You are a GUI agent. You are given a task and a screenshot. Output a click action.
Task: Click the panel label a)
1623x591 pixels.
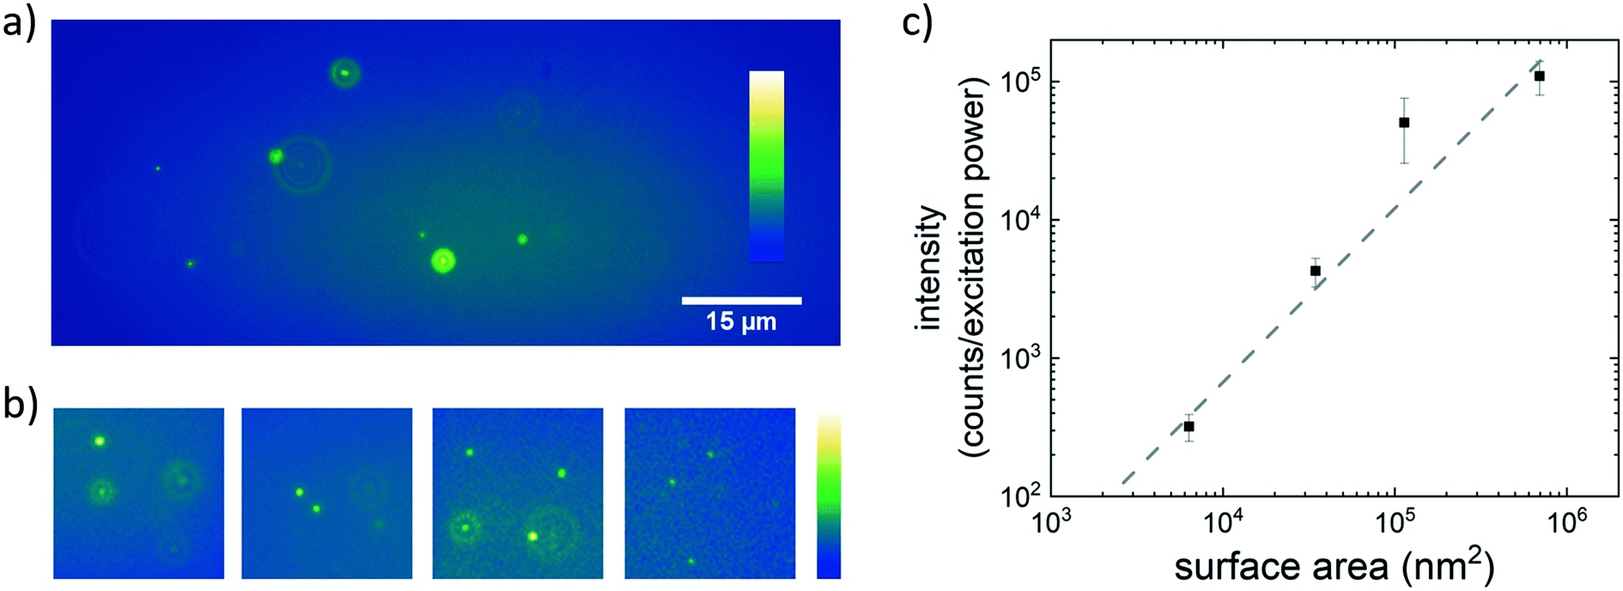coord(19,24)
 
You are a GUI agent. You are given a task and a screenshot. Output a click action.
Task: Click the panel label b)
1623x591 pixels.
coord(19,405)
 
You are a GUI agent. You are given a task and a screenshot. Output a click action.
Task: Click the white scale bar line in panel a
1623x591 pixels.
coord(741,301)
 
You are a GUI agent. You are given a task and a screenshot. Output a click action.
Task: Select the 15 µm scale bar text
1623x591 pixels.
coord(741,322)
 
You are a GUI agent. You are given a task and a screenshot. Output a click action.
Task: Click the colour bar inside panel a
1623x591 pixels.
coord(766,166)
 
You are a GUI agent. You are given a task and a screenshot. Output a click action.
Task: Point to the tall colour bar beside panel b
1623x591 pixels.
coord(829,495)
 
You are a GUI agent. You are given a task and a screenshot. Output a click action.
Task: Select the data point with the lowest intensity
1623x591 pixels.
coord(1188,426)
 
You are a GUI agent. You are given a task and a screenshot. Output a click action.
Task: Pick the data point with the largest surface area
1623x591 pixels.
coord(1540,76)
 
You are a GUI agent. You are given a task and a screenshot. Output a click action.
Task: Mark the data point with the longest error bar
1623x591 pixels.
coord(1404,123)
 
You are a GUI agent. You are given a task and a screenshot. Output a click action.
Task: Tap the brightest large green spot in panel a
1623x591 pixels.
coord(442,260)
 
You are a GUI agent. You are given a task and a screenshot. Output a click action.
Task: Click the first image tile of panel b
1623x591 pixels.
coord(138,493)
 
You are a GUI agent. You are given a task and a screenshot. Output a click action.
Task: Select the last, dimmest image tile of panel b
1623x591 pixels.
coord(709,493)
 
